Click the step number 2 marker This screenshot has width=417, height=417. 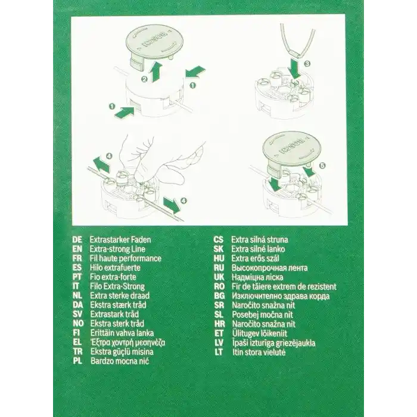click(144, 79)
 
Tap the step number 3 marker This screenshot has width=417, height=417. click(307, 64)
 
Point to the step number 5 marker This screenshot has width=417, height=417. click(322, 166)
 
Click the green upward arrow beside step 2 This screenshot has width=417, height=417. click(157, 71)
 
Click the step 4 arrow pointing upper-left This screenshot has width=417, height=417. click(102, 164)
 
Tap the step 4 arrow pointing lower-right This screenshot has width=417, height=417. click(172, 205)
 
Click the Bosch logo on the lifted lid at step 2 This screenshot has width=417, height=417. click(154, 40)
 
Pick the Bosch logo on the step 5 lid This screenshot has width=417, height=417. click(291, 148)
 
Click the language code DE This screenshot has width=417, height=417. click(77, 240)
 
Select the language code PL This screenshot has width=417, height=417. click(77, 361)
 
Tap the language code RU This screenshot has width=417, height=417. click(219, 268)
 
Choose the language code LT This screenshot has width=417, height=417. click(219, 352)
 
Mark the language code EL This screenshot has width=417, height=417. click(77, 342)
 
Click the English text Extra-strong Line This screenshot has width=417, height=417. click(117, 249)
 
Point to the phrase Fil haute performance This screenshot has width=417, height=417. click(126, 259)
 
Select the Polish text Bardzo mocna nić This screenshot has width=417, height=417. click(120, 361)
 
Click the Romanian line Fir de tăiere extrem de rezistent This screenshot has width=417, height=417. click(284, 287)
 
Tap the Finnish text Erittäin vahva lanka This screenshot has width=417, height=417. click(122, 333)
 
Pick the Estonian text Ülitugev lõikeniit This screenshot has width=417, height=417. click(260, 333)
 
